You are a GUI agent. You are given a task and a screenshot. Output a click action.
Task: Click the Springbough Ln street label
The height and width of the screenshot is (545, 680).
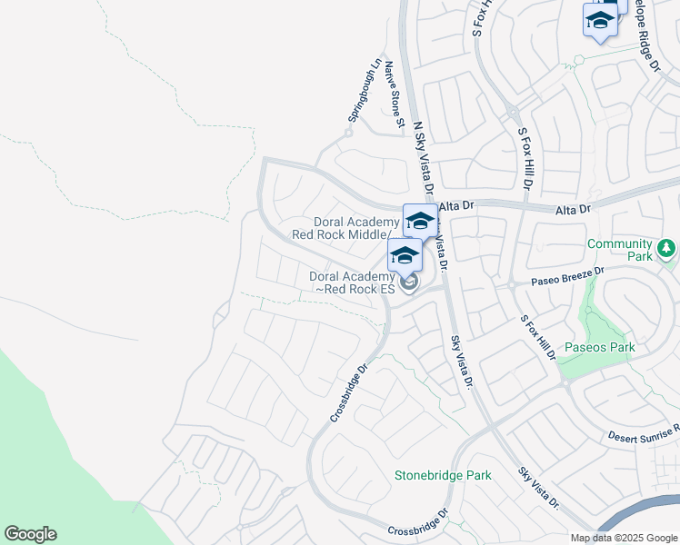click(364, 92)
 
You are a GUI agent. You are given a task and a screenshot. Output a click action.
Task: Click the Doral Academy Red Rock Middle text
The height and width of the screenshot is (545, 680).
click(351, 228)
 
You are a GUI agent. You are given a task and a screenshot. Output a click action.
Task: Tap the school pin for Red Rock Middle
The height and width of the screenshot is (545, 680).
click(420, 221)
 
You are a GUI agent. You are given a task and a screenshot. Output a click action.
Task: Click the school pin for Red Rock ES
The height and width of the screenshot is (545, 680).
click(405, 255)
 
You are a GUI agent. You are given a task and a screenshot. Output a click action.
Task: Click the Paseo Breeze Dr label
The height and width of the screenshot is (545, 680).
click(567, 274)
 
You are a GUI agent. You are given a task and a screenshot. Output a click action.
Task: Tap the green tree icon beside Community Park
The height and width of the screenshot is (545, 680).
click(666, 247)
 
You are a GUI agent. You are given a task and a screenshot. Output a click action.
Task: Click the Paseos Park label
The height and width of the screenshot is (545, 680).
click(599, 347)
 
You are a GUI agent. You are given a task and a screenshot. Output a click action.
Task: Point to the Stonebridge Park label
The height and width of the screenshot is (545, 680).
click(443, 475)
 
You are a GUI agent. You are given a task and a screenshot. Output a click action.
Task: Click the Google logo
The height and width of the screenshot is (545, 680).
click(30, 534)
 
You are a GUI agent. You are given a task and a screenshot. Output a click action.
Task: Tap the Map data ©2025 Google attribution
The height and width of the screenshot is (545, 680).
click(623, 538)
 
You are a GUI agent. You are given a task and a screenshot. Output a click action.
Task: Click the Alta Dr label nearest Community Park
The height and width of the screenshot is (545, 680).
click(573, 209)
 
